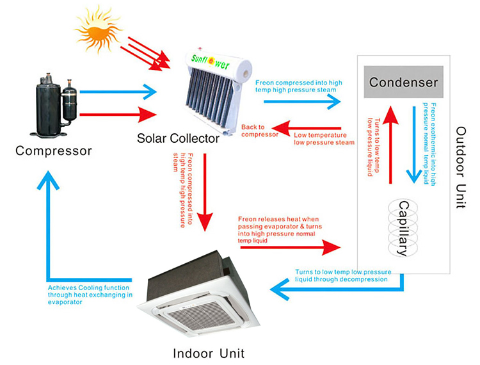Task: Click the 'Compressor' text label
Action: [54, 151]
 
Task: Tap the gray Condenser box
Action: [403, 83]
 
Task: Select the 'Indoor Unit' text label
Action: [209, 353]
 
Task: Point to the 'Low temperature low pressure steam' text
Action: [323, 138]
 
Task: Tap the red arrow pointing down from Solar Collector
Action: [204, 192]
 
